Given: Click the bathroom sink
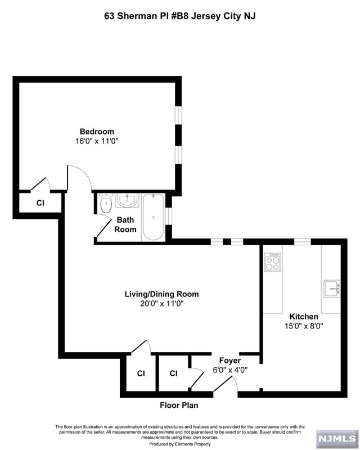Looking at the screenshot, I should (128, 201).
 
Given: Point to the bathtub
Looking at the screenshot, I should (152, 216).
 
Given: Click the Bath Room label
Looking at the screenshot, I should (125, 225).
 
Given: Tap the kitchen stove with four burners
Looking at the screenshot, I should (273, 262).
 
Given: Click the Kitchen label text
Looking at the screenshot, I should (304, 316).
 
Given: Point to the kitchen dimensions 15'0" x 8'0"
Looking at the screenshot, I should (304, 326).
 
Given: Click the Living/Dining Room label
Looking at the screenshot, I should (161, 294).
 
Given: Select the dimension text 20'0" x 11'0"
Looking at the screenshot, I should (161, 304).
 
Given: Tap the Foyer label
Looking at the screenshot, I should (229, 360).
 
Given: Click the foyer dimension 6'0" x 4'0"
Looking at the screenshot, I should (229, 370).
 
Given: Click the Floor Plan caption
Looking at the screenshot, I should (179, 405).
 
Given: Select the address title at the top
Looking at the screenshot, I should (179, 16).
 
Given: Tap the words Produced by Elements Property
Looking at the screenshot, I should (179, 444).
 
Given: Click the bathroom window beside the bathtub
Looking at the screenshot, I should (169, 217).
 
